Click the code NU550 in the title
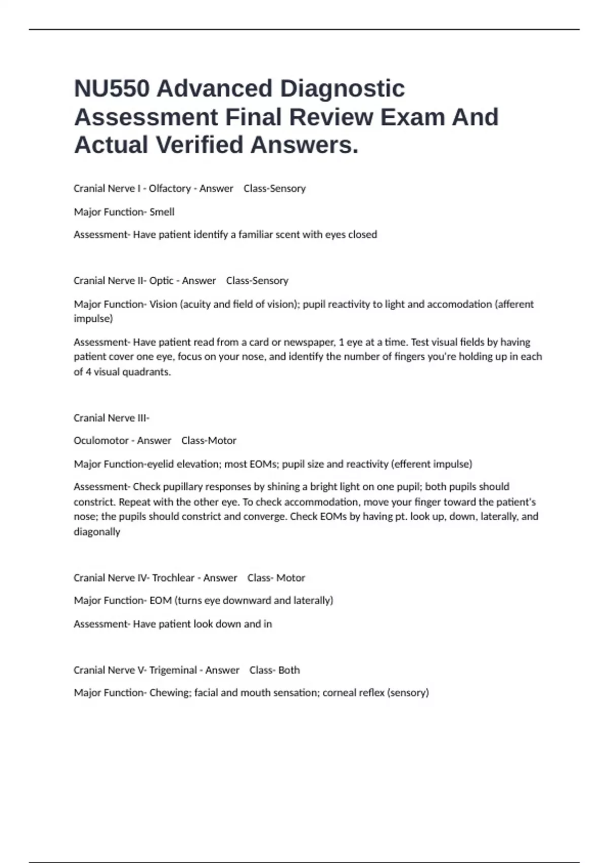click(112, 89)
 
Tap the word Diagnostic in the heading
click(342, 89)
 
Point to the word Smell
click(162, 212)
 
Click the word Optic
click(161, 281)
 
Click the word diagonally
click(97, 532)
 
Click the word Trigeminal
click(173, 670)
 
